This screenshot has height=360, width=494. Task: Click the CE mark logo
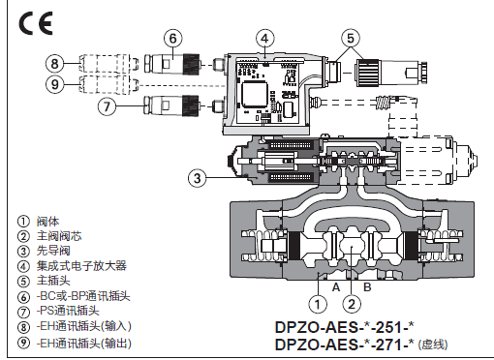[x=36, y=23]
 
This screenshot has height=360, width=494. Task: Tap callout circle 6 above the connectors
[x=173, y=39]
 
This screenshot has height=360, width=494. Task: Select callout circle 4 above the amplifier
[x=264, y=39]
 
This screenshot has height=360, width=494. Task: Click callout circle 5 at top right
[x=351, y=39]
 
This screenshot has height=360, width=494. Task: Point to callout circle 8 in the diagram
[x=55, y=64]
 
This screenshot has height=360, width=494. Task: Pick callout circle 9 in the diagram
[x=55, y=84]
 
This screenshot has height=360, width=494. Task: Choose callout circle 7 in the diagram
[x=107, y=105]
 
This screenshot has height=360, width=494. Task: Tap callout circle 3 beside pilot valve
[x=198, y=178]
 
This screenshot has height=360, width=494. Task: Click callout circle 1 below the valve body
[x=318, y=304]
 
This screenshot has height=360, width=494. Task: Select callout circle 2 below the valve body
[x=352, y=304]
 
